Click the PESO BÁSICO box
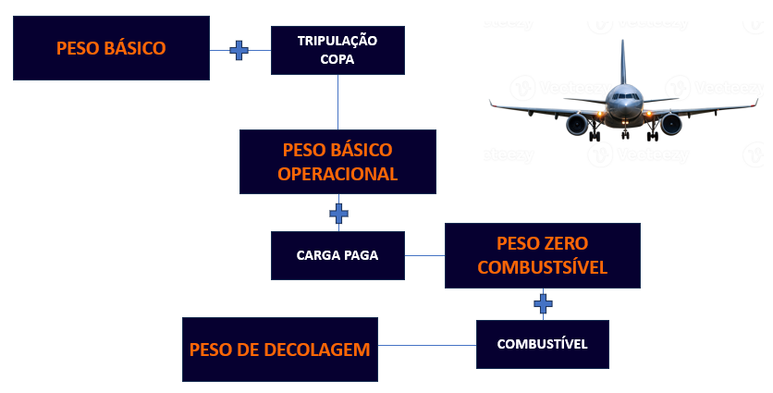[111, 48]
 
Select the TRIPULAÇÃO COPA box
[337, 50]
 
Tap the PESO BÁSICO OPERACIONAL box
[337, 162]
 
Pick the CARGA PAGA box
[337, 255]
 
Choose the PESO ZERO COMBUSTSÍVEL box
[543, 256]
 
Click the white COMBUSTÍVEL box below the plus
[543, 344]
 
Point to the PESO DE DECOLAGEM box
[279, 350]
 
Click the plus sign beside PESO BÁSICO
[239, 50]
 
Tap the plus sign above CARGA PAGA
[338, 214]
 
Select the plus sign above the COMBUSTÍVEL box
[543, 302]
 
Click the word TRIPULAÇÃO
[337, 41]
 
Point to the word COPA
[337, 60]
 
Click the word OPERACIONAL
[337, 173]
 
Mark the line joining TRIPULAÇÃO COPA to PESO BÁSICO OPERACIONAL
[338, 102]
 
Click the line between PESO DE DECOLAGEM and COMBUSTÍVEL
[427, 345]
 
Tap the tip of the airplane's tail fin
[622, 42]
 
